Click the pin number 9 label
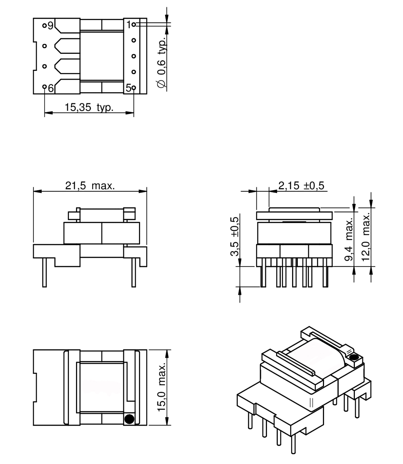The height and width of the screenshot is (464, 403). (x=51, y=26)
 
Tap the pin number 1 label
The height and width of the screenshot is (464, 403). (x=129, y=25)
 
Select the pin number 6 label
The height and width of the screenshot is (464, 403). (x=51, y=88)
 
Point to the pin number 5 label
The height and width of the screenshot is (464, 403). (x=128, y=88)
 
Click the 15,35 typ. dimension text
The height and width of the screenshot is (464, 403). (x=89, y=107)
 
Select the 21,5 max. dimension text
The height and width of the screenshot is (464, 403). (x=90, y=186)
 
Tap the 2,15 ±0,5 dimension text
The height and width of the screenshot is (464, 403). (x=301, y=186)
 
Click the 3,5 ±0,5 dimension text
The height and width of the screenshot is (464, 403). (x=235, y=236)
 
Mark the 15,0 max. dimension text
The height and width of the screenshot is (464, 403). (x=162, y=387)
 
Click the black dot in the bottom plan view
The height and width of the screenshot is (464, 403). (x=129, y=419)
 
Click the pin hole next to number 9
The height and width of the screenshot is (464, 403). (x=44, y=26)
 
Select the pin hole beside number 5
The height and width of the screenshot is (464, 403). (x=134, y=88)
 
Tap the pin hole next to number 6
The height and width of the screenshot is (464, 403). (x=44, y=87)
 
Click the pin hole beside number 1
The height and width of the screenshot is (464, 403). (x=134, y=25)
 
